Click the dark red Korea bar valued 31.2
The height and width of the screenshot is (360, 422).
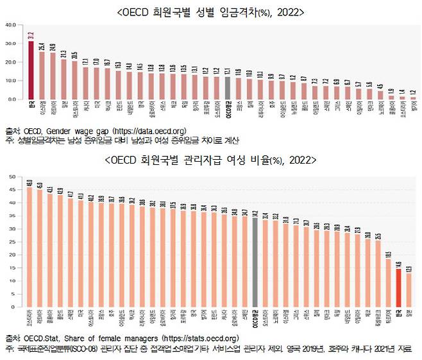click(x=31, y=71)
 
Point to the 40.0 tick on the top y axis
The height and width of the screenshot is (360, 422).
click(x=10, y=25)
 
